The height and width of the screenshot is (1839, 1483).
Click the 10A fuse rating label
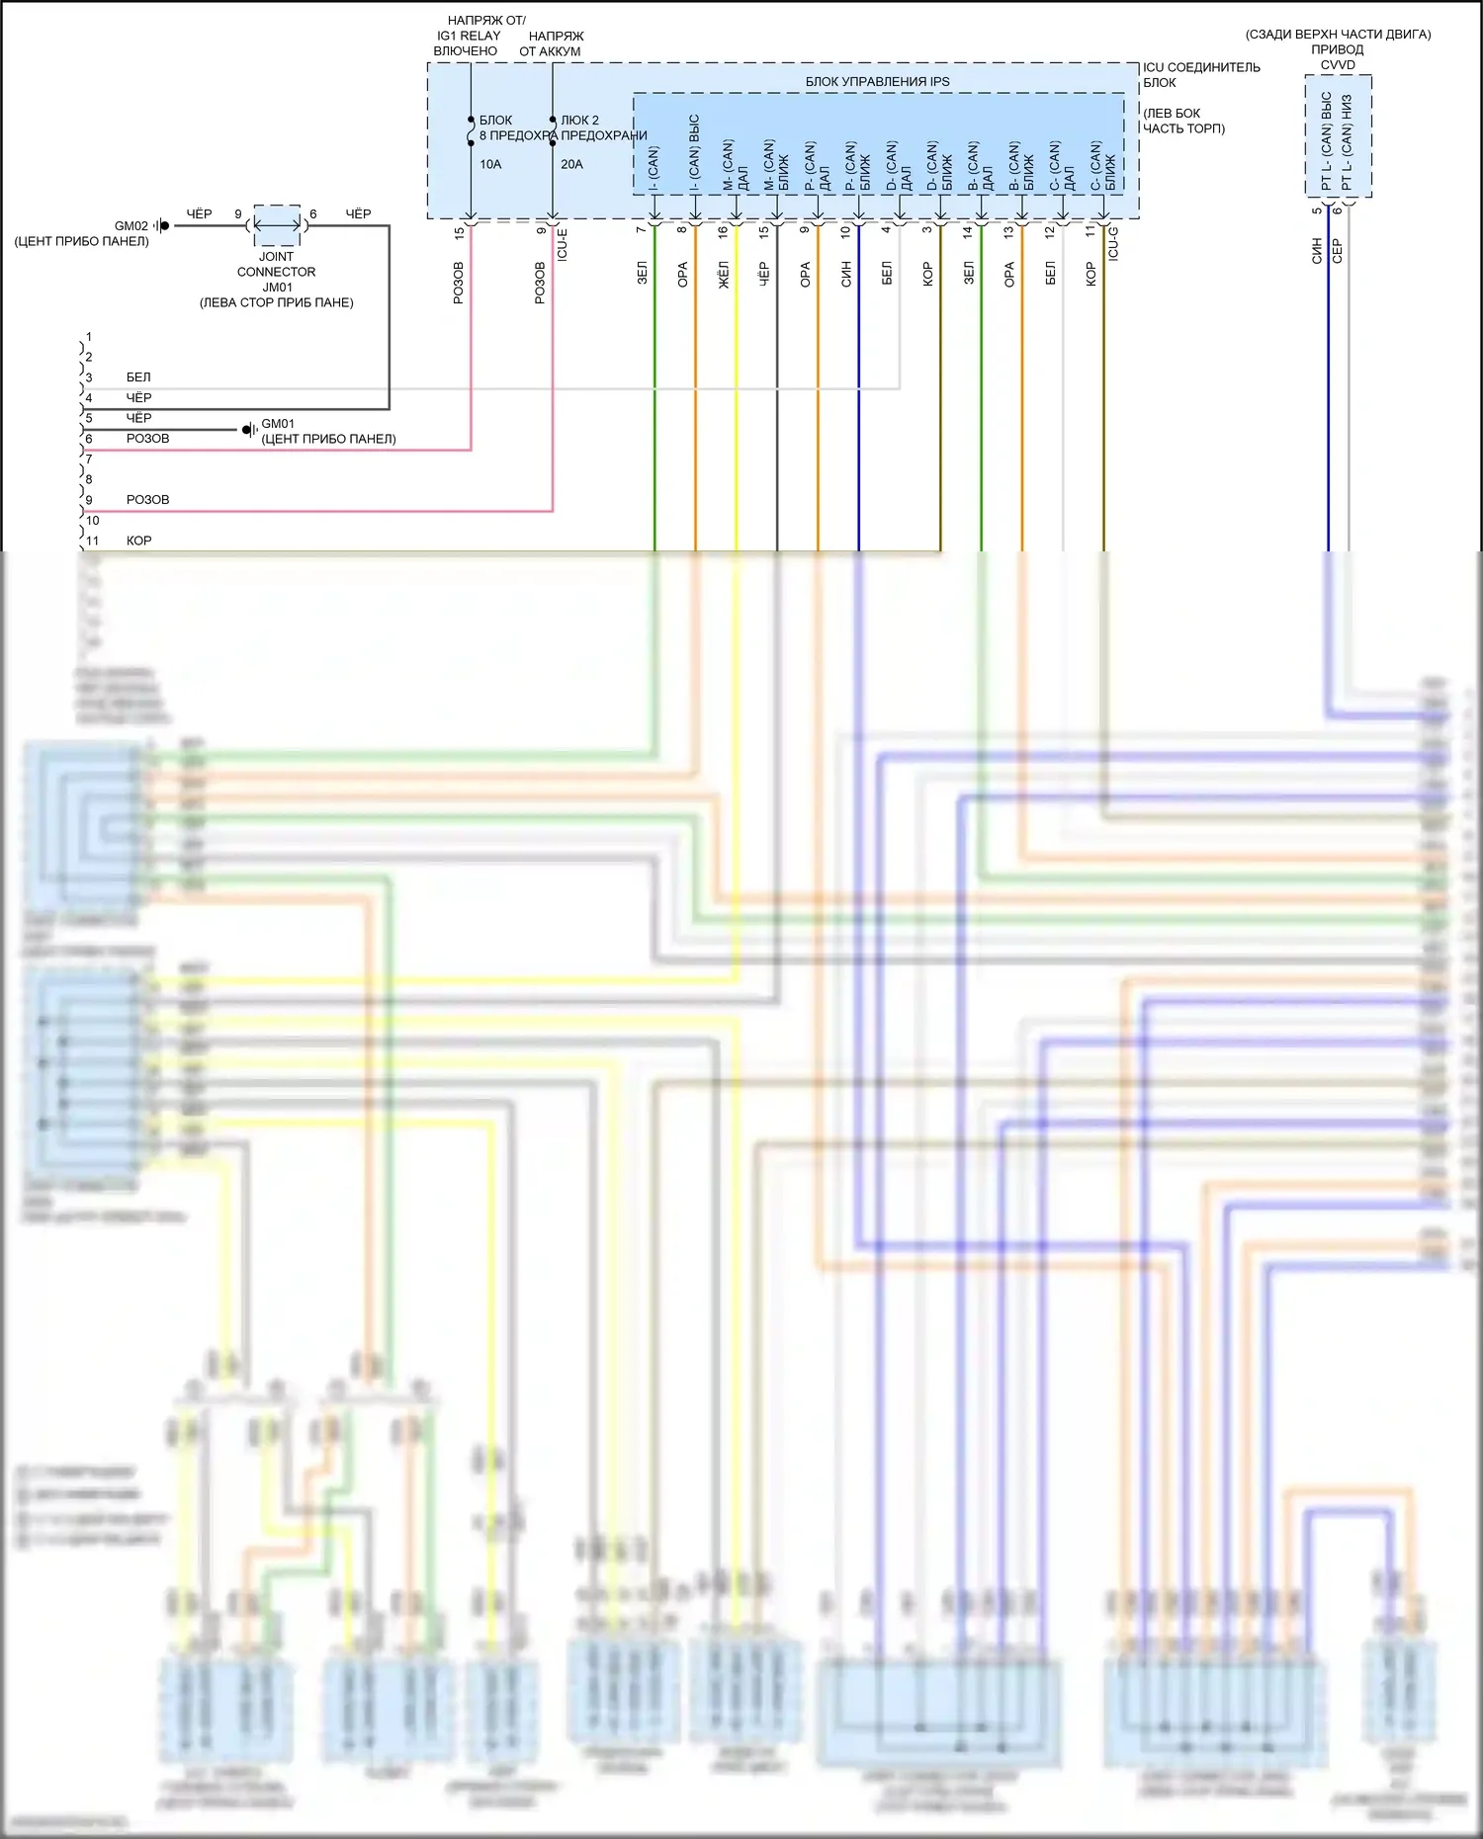coord(490,164)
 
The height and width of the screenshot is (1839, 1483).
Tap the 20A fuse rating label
coord(571,164)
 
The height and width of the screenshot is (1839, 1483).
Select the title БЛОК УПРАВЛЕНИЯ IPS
coord(877,82)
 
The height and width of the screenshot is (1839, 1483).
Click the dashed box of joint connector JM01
coord(277,225)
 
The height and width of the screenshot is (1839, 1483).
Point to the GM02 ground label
coord(131,226)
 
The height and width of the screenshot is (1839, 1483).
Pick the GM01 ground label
coord(278,424)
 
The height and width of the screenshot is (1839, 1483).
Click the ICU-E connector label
coord(563,244)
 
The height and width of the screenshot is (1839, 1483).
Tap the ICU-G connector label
coord(1113,243)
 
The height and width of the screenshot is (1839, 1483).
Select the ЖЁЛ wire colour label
coord(724,275)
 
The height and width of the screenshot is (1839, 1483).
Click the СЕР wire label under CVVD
coord(1338,251)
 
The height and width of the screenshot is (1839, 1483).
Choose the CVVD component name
coord(1338,65)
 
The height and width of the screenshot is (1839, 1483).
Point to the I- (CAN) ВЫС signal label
coord(694,153)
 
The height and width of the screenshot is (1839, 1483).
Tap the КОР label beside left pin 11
coord(139,542)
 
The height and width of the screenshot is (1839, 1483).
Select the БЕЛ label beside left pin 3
coord(138,377)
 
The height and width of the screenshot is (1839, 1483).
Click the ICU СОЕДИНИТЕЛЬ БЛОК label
coord(1200,75)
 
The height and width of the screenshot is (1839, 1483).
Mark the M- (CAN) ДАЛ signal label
coord(736,165)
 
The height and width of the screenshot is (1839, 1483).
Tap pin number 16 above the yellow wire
coord(723,231)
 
